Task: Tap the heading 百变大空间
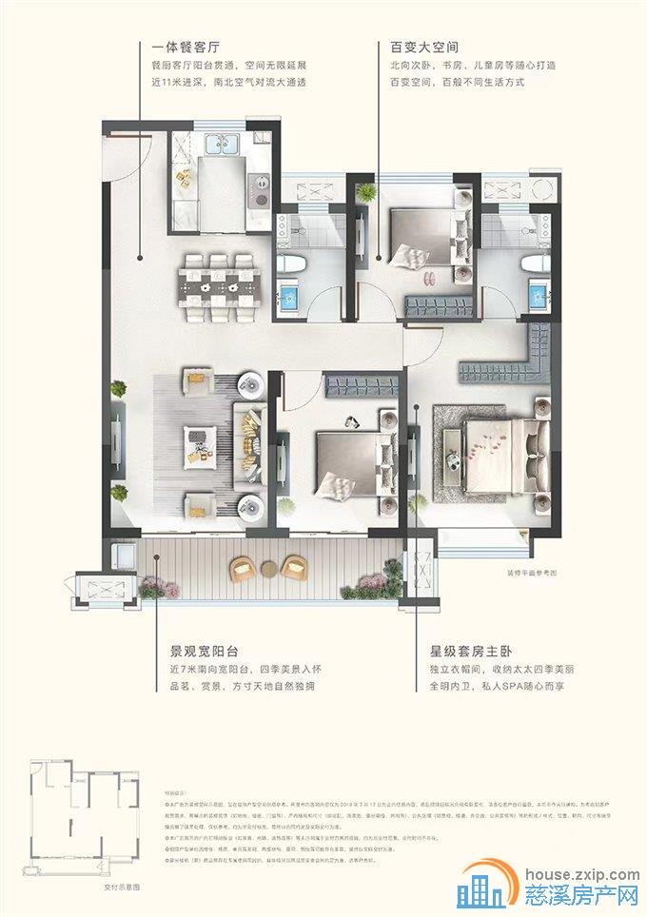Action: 411,46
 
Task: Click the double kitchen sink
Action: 219,146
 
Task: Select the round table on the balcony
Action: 270,570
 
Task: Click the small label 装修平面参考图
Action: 514,575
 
